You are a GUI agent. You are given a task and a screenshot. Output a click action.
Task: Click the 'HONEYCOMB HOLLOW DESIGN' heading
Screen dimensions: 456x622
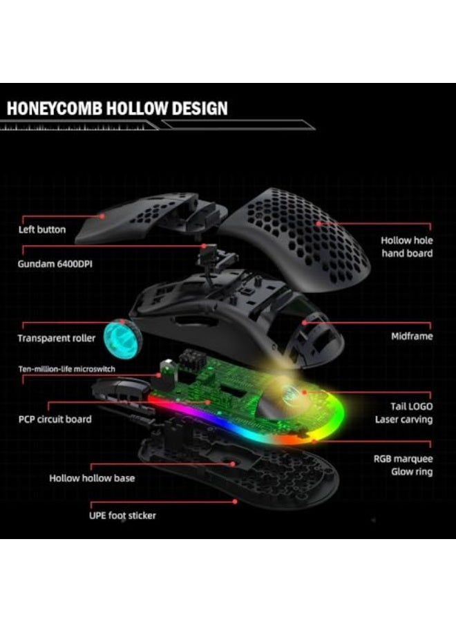(117, 109)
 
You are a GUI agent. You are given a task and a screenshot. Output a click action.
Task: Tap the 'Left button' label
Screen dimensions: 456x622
(42, 229)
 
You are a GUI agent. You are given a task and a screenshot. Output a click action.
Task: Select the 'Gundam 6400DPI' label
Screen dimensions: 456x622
(55, 264)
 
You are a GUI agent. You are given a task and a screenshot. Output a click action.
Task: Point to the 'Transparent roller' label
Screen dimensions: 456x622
(56, 339)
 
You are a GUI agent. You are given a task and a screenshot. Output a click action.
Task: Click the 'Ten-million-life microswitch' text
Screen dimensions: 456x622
(66, 369)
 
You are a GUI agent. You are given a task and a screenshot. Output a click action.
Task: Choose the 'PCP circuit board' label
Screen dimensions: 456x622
(55, 420)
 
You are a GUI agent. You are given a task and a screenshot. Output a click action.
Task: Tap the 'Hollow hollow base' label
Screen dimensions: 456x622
(92, 478)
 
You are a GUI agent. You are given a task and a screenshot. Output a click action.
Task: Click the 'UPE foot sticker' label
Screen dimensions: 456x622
(122, 516)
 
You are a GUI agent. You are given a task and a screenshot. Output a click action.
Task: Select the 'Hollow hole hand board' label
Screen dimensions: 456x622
(407, 247)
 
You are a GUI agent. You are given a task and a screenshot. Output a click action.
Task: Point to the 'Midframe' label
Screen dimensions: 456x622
(412, 337)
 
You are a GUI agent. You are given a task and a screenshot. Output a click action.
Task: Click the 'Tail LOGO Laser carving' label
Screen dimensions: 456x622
(404, 413)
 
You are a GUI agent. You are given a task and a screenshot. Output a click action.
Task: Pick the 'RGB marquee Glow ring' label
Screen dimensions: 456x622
(403, 465)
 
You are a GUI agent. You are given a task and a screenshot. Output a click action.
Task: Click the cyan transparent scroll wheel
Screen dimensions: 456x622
(120, 338)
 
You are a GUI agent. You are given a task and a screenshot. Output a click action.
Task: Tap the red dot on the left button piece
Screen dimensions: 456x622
(102, 216)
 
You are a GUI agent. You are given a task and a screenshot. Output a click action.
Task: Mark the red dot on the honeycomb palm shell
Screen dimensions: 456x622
(319, 223)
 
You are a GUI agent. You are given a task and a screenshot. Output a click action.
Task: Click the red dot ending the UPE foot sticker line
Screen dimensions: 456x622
(235, 502)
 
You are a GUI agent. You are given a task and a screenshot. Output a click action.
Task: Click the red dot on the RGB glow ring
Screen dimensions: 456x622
(314, 440)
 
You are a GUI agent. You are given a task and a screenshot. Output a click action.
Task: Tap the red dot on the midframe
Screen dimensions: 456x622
(305, 323)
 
